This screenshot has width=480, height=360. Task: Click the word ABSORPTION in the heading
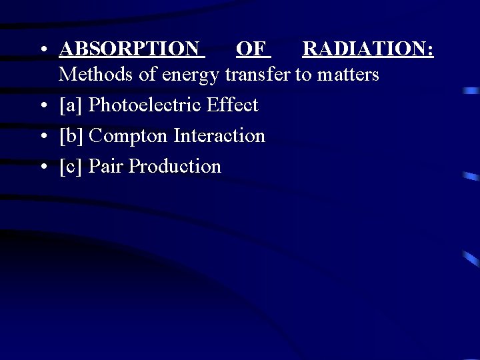(129, 49)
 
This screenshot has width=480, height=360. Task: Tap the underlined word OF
(251, 49)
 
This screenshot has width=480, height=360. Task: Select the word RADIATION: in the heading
(367, 49)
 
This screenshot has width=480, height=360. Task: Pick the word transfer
(258, 74)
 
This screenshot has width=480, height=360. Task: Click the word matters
(348, 75)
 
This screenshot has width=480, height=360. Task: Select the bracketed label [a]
(71, 105)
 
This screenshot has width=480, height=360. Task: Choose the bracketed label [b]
(71, 136)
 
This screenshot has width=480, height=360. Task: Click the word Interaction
(219, 136)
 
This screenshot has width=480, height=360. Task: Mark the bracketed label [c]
(71, 167)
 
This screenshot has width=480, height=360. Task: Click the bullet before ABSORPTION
(43, 50)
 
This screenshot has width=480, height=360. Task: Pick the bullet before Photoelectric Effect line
(43, 106)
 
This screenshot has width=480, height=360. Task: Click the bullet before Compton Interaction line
(43, 137)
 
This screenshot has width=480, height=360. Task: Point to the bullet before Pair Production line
(43, 167)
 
